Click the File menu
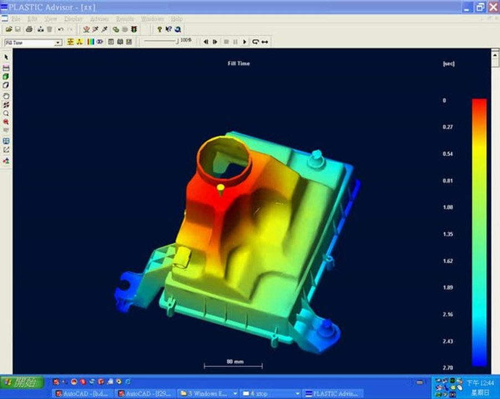coord(16,19)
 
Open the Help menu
coord(177,19)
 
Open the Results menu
coord(125,19)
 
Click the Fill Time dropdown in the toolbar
coord(33,43)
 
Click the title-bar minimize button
coord(467,7)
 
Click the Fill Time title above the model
coord(239,64)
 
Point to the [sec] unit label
coord(449,64)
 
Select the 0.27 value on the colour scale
coord(447,127)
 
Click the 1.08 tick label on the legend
coord(447,207)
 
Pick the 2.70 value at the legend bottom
coord(447,367)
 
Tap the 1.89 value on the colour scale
coord(447,288)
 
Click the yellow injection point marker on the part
coord(220,188)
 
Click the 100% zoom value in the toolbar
coord(186,40)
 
